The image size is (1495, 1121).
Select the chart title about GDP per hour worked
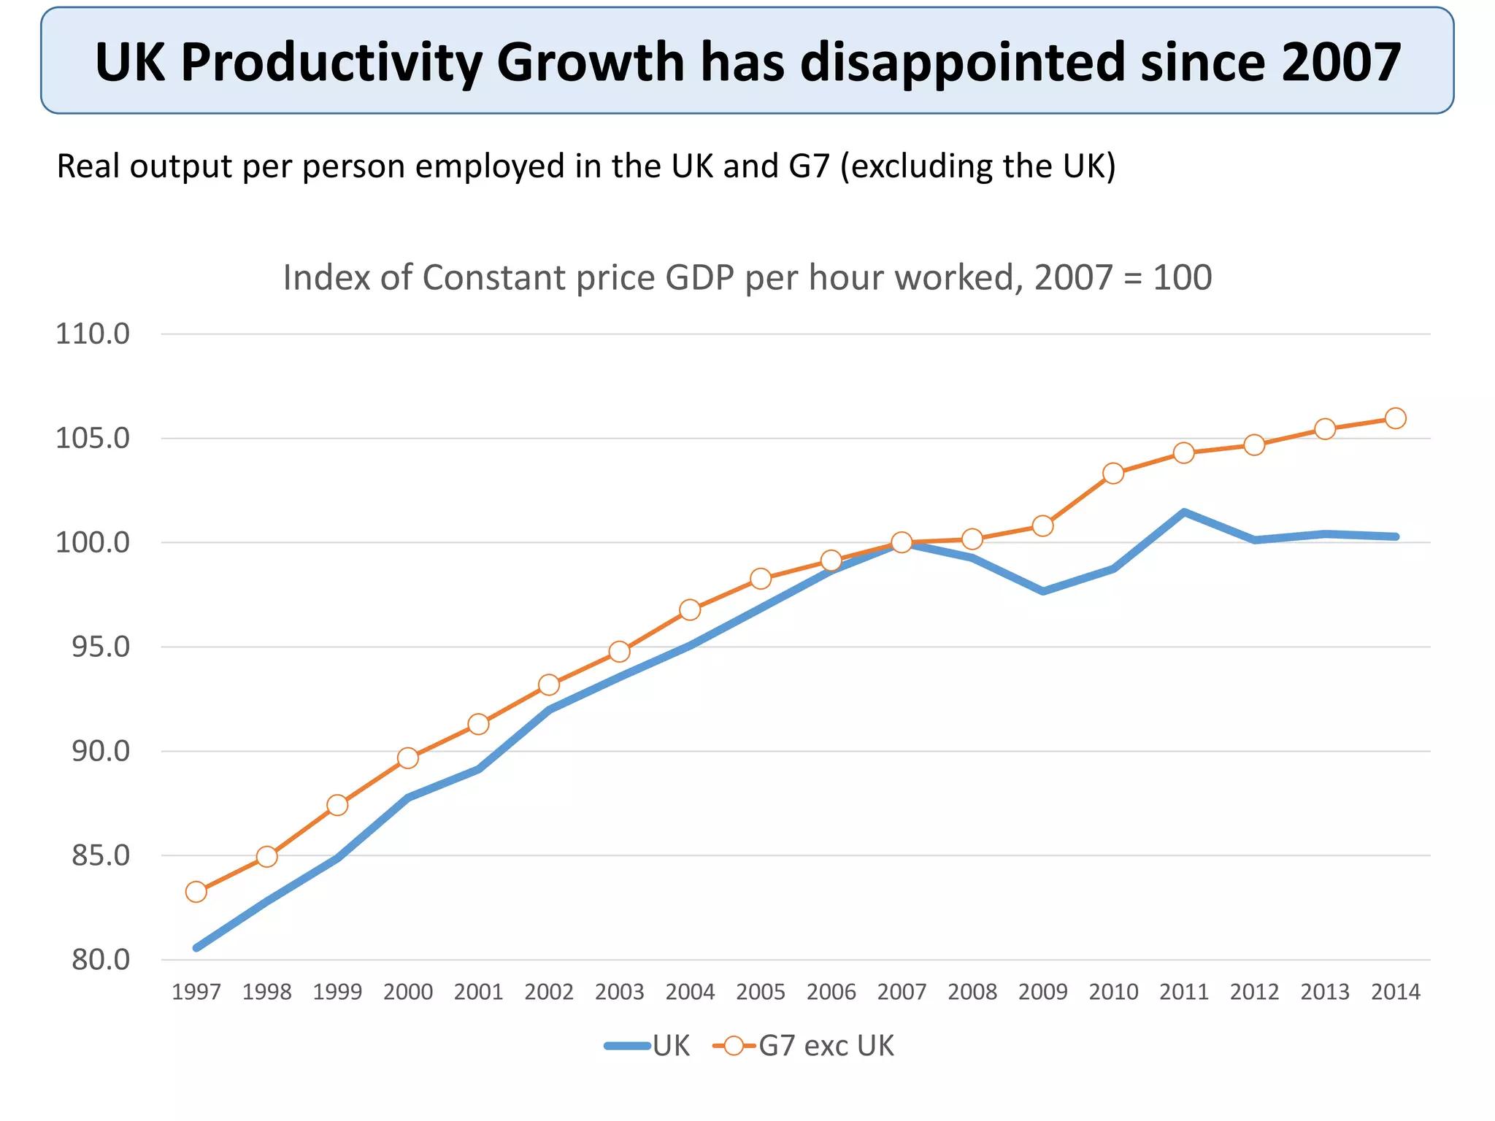click(747, 278)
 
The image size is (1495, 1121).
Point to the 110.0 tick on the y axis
click(93, 334)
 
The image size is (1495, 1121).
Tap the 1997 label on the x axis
click(196, 992)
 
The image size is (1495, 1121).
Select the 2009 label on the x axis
click(1042, 992)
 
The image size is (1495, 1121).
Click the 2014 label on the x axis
click(1395, 992)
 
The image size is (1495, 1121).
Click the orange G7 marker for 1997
click(196, 892)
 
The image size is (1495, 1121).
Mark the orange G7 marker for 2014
click(1395, 418)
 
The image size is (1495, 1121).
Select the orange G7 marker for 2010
click(1112, 474)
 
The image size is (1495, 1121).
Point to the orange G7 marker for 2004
click(690, 609)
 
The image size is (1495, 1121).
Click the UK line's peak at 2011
click(1183, 512)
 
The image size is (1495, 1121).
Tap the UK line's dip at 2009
click(1042, 591)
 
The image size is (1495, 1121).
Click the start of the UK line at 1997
click(196, 947)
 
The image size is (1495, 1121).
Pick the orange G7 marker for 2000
click(408, 758)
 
